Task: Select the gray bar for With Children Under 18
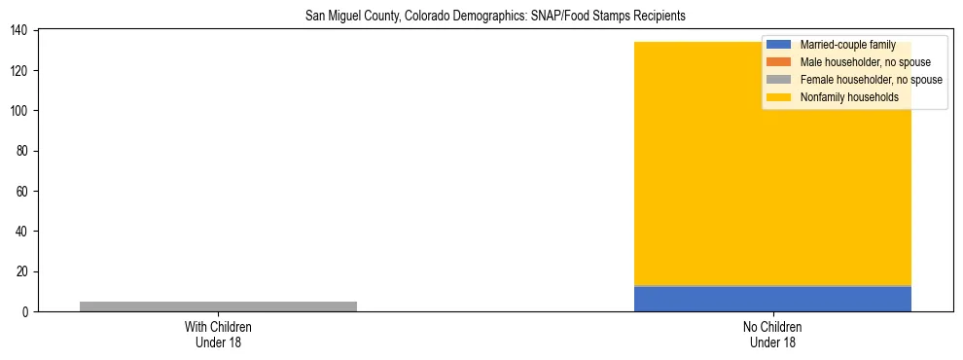[x=218, y=306]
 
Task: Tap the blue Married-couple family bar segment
[x=772, y=299]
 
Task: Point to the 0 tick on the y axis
[x=27, y=311]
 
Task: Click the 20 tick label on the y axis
[x=24, y=271]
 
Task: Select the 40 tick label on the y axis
[x=24, y=232]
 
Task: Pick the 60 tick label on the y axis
[x=24, y=191]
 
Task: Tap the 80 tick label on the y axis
[x=24, y=151]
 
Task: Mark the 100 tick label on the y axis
[x=21, y=111]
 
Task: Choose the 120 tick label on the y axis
[x=21, y=70]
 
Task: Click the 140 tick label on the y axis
[x=21, y=30]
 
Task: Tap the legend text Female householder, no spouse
[x=871, y=80]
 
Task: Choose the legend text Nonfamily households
[x=849, y=97]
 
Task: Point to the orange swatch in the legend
[x=778, y=62]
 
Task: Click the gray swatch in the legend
[x=778, y=80]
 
